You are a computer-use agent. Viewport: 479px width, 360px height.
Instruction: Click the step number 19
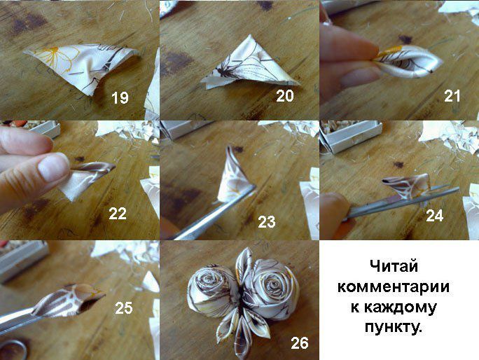tap(120, 98)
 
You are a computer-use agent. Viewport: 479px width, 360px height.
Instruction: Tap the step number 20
tap(285, 96)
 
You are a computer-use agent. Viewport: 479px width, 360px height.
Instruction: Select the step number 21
tap(452, 96)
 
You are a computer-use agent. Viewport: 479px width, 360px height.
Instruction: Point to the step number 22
tap(118, 214)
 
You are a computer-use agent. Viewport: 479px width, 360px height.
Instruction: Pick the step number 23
tap(267, 222)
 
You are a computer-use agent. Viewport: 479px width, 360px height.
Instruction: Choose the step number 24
tap(435, 216)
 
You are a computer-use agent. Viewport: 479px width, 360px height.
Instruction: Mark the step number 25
tap(124, 308)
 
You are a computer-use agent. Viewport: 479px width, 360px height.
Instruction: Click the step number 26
tap(300, 343)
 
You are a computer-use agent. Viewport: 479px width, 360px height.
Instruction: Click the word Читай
tap(394, 266)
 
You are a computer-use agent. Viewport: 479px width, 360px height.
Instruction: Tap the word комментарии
tap(394, 287)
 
